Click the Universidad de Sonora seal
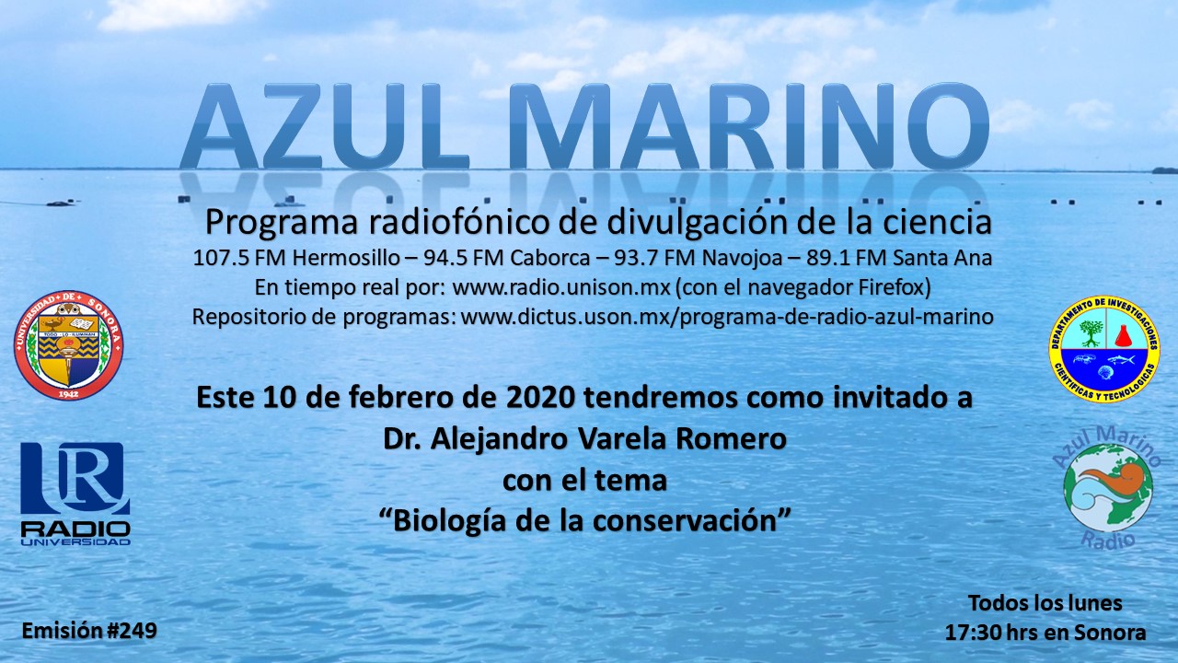coord(68,345)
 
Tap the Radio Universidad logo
coord(75,494)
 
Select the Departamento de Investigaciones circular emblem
coord(1104,349)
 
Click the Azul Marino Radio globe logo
coord(1107,488)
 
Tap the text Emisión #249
coord(89,631)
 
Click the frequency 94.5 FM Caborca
coord(507,258)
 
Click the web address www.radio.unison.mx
coord(561,287)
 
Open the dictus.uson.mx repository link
coord(727,317)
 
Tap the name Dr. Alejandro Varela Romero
coord(584,439)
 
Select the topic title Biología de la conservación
coord(584,520)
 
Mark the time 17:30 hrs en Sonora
coord(1045,633)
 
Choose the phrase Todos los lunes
coord(1045,603)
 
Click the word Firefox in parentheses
coord(891,287)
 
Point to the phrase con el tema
coord(584,480)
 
